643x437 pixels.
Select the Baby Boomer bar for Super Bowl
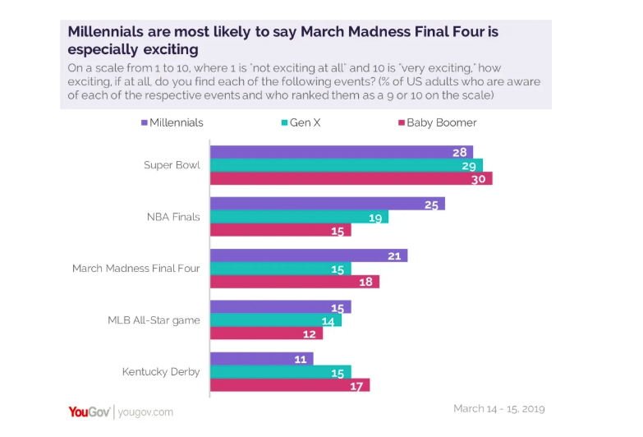coord(351,178)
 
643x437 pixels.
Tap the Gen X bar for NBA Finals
coord(299,217)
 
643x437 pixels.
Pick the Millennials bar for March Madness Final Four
coord(309,255)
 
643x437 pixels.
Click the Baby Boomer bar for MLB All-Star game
coord(266,333)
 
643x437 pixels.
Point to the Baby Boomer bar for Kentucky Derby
coord(290,384)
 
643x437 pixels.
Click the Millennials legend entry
coord(172,122)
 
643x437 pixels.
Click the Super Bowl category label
coord(172,165)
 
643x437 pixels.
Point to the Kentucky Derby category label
coord(161,371)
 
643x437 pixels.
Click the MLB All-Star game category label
coord(154,320)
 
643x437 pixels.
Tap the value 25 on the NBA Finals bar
coord(431,204)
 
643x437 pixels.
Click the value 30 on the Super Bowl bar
coord(479,178)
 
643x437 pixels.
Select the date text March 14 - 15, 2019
coord(498,408)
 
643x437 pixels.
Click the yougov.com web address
coord(145,412)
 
